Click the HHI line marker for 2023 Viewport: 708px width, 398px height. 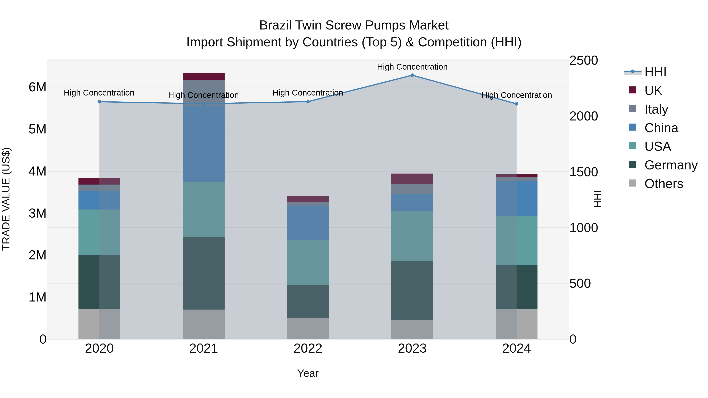(x=412, y=75)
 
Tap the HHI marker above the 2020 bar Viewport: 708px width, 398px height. (x=100, y=102)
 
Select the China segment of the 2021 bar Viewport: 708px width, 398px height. (x=204, y=143)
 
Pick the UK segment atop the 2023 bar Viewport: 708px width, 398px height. (x=412, y=179)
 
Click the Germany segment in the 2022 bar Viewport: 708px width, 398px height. (x=308, y=301)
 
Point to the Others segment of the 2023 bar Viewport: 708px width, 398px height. (x=412, y=329)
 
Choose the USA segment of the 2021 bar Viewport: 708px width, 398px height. (x=204, y=209)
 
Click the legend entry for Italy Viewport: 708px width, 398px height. (x=656, y=109)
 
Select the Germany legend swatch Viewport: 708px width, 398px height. (x=632, y=165)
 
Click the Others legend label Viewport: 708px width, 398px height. (x=664, y=184)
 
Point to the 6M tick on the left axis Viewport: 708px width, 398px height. (x=37, y=87)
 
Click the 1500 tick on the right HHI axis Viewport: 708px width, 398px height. (x=583, y=172)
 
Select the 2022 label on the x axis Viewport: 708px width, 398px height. (x=308, y=348)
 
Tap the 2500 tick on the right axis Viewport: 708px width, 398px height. (x=583, y=60)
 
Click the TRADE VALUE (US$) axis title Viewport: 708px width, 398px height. (x=6, y=199)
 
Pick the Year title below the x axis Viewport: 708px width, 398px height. (x=308, y=373)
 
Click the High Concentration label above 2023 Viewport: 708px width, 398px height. (x=412, y=67)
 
